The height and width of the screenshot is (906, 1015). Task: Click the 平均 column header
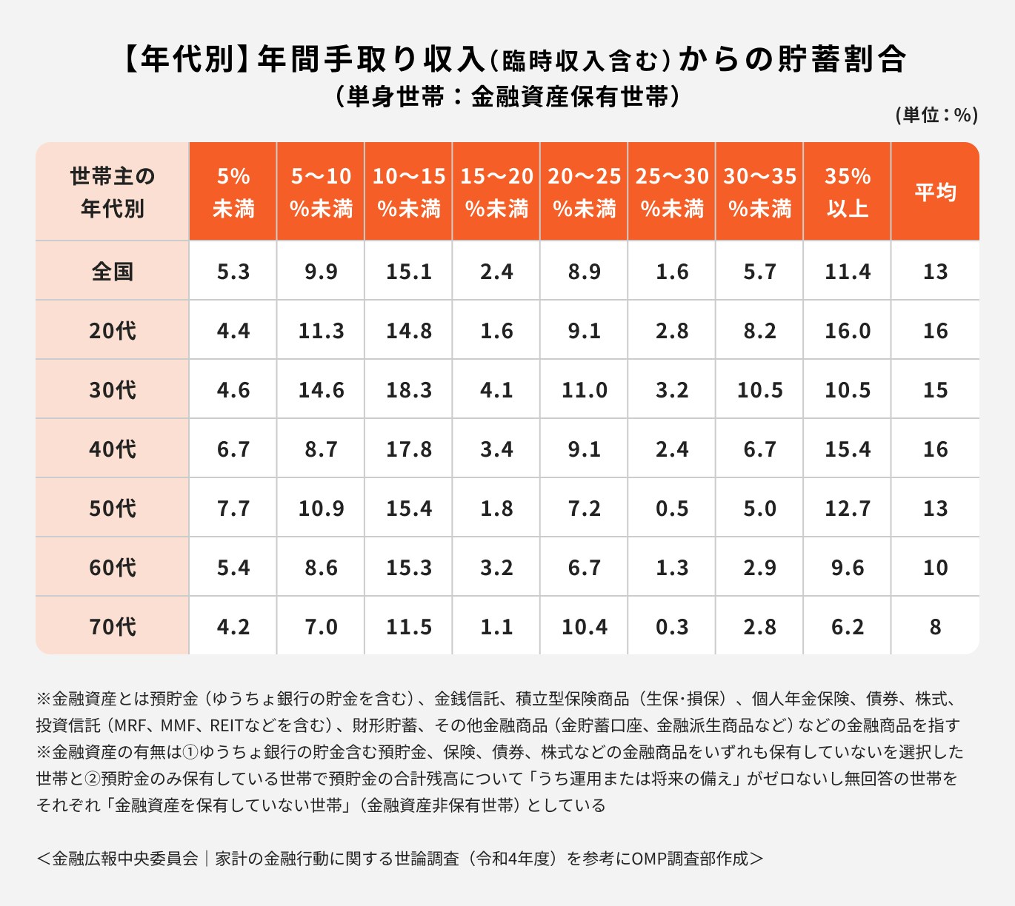pos(935,192)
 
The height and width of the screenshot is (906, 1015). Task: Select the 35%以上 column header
pos(847,192)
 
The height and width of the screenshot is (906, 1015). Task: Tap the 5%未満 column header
pos(233,192)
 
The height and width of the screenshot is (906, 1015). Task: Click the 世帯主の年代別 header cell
pos(113,192)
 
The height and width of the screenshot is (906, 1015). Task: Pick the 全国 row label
pos(113,272)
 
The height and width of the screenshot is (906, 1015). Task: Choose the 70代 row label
pos(113,627)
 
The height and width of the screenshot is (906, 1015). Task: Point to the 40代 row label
pos(113,449)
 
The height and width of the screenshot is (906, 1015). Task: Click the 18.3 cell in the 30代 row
pos(408,390)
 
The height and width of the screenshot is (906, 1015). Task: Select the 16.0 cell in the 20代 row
pos(847,331)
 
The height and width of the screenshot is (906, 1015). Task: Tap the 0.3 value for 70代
pos(672,627)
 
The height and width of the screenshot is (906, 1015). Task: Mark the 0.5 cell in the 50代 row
pos(672,509)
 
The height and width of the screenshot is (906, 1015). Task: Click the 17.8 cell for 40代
pos(408,449)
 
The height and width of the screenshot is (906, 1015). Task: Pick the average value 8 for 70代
pos(935,627)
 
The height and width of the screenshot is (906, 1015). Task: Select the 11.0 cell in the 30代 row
pos(584,390)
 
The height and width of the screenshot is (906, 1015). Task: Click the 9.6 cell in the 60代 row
pos(847,568)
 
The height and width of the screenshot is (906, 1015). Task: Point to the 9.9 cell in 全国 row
pos(321,272)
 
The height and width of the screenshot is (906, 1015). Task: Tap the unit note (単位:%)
pos(936,115)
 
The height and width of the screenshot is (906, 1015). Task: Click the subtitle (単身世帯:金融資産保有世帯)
pos(507,97)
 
